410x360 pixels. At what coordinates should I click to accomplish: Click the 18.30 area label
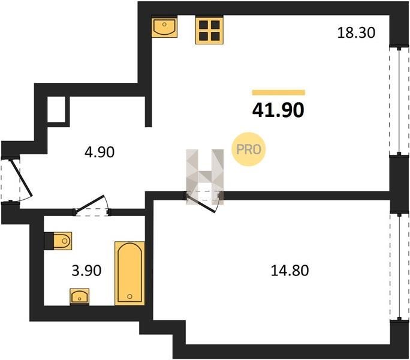click(356, 33)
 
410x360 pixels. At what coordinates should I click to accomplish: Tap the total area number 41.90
click(278, 110)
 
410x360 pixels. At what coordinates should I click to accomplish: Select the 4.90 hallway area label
click(100, 152)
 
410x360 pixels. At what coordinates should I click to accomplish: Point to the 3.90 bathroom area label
click(86, 271)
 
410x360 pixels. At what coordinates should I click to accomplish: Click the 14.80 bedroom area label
click(290, 271)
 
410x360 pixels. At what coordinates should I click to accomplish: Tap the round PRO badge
click(248, 149)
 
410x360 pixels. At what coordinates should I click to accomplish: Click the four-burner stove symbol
click(209, 30)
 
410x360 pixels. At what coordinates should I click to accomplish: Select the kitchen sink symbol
click(164, 26)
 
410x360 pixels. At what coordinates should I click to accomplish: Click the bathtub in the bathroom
click(129, 274)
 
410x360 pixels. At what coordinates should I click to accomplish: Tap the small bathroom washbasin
click(80, 297)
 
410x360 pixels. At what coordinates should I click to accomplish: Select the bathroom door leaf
click(90, 203)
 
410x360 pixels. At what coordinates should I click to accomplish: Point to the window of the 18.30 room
click(399, 101)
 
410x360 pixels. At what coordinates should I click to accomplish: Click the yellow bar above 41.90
click(279, 92)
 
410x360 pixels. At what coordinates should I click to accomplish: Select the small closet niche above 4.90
click(56, 109)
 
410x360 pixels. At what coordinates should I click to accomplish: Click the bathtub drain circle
click(129, 296)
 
